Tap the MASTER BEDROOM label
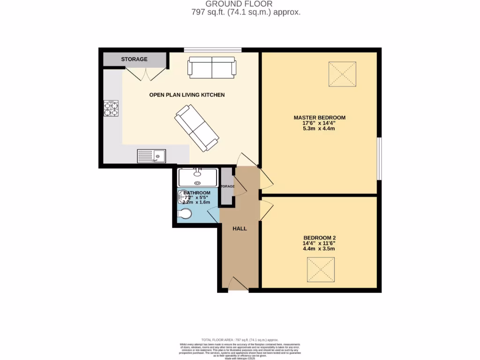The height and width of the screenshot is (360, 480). coord(319,117)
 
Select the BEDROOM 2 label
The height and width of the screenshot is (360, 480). coord(319,237)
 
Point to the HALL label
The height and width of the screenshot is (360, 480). coord(240,229)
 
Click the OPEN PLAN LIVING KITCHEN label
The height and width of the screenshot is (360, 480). coord(187,95)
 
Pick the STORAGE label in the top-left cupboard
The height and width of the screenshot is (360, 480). coord(135,60)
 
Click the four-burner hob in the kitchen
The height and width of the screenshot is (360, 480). coord(111,109)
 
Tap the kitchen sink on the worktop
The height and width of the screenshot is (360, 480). coord(151,156)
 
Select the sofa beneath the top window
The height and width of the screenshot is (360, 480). coord(212,67)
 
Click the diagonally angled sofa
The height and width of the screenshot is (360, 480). coord(196,128)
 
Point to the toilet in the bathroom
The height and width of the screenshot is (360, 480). coord(185,214)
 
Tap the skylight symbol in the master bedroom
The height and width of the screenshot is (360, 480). coord(342,75)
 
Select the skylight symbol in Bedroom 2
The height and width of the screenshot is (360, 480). coord(321,270)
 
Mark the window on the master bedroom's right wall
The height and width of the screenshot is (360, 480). coord(379,158)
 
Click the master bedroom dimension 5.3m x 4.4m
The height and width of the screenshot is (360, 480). coord(319,128)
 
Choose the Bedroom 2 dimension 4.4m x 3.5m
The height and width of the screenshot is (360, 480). coord(319,248)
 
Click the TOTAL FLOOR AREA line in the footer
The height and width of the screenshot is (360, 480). coord(240,340)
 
